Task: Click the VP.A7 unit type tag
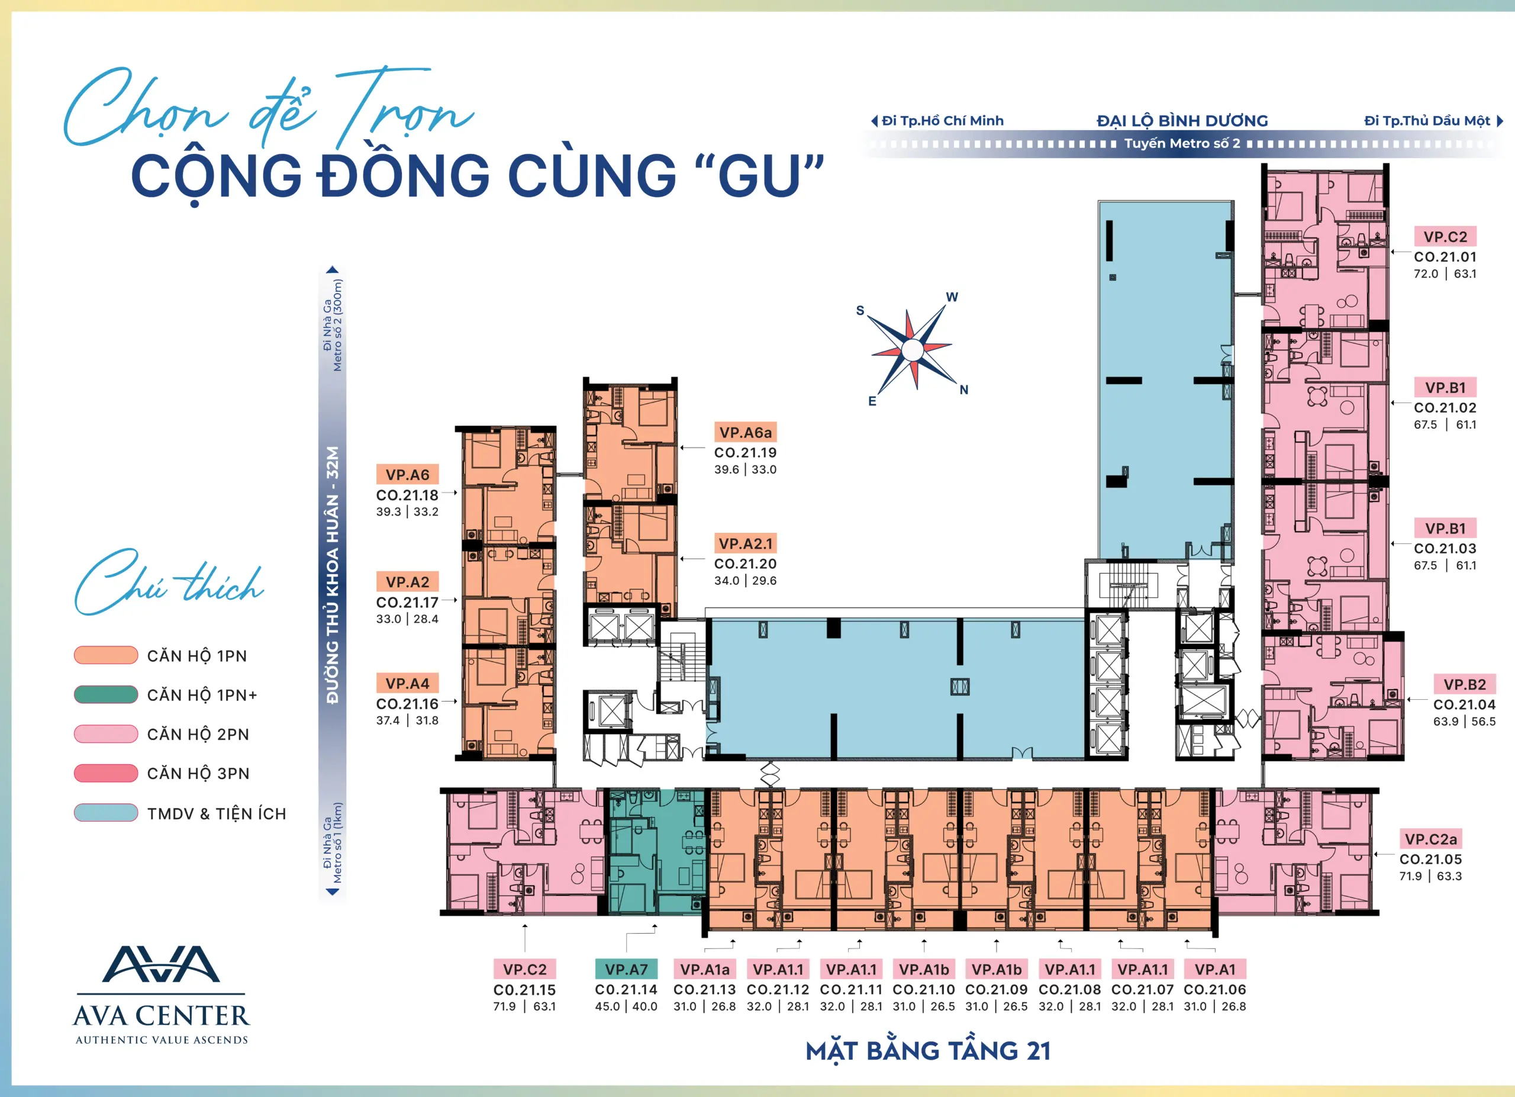click(626, 969)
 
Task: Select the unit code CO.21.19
click(746, 452)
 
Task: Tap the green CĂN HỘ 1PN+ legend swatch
click(105, 694)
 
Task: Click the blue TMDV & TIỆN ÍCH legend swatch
click(105, 812)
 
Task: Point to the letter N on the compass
click(964, 390)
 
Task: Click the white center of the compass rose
click(912, 350)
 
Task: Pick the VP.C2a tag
click(1430, 838)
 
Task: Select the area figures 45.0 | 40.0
click(626, 1006)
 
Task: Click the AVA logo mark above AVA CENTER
click(160, 964)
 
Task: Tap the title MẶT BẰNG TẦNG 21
click(928, 1051)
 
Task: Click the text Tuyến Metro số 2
click(1182, 143)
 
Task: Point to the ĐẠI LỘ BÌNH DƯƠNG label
click(1182, 121)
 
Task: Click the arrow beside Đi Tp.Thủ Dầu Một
click(1500, 121)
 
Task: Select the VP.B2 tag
click(1464, 684)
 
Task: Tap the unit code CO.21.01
click(1445, 256)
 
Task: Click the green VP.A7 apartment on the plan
click(656, 852)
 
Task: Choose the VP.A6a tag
click(746, 432)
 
